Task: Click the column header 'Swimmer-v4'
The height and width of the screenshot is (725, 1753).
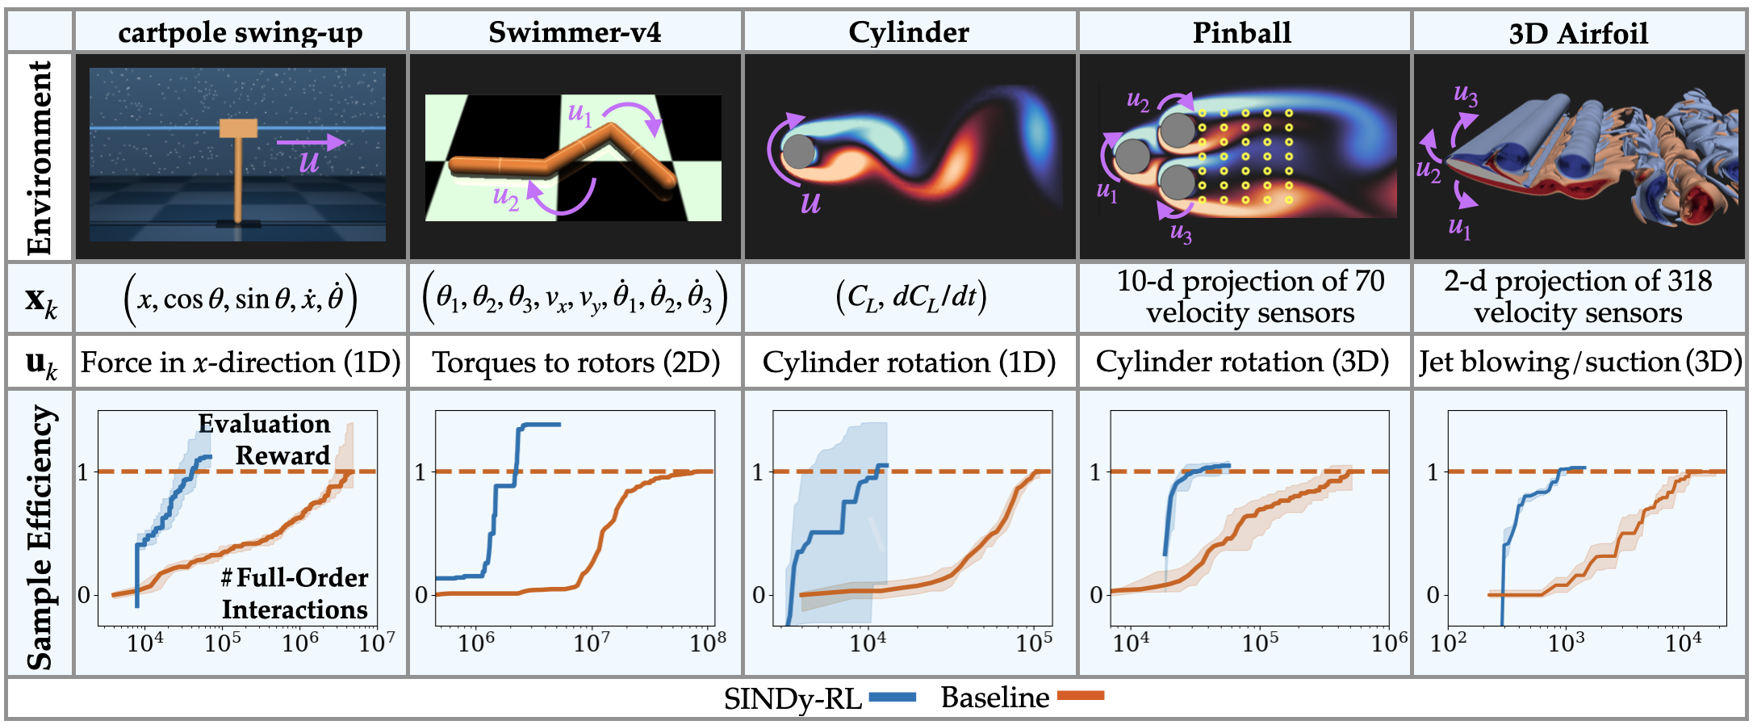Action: click(x=574, y=32)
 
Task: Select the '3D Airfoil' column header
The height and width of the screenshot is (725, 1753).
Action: click(x=1578, y=33)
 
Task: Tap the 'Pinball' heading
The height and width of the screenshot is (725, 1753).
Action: click(x=1242, y=32)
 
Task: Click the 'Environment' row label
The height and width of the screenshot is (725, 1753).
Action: click(x=39, y=157)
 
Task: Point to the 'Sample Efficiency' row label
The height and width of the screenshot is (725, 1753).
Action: click(x=39, y=536)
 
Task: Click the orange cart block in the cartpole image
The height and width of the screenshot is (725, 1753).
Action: click(x=238, y=128)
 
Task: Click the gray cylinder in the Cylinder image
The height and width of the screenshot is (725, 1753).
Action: click(x=799, y=151)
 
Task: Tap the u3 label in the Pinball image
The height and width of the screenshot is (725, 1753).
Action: click(x=1181, y=233)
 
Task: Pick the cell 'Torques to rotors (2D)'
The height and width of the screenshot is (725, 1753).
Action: click(x=575, y=362)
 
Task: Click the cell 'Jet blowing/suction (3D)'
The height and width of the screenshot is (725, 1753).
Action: click(x=1580, y=362)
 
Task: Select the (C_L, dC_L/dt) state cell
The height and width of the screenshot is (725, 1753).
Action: click(x=910, y=297)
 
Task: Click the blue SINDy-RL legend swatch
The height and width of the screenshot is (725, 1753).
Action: click(x=892, y=697)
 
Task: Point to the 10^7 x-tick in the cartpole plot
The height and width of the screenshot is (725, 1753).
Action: click(x=377, y=643)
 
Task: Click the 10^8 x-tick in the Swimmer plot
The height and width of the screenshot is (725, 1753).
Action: click(x=708, y=643)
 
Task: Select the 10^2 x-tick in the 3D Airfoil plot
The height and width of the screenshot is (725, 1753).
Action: click(x=1448, y=643)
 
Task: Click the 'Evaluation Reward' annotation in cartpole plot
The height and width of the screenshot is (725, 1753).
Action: click(x=265, y=439)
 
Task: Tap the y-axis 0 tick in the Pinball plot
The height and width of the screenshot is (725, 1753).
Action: click(x=1096, y=595)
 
